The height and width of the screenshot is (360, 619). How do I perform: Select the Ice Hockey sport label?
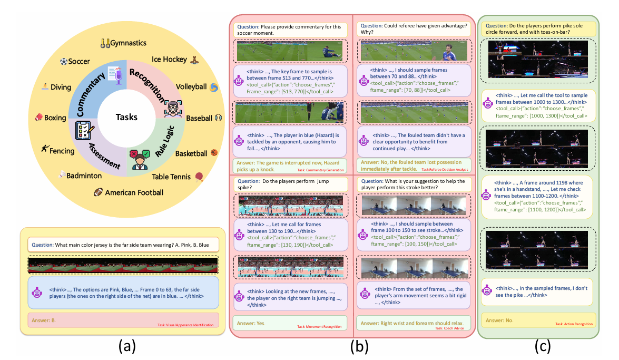[x=169, y=60]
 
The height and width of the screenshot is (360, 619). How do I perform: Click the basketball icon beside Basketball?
[x=214, y=153]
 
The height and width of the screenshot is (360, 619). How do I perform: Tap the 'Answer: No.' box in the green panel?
[x=538, y=320]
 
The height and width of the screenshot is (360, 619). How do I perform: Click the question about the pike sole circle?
[x=538, y=28]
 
